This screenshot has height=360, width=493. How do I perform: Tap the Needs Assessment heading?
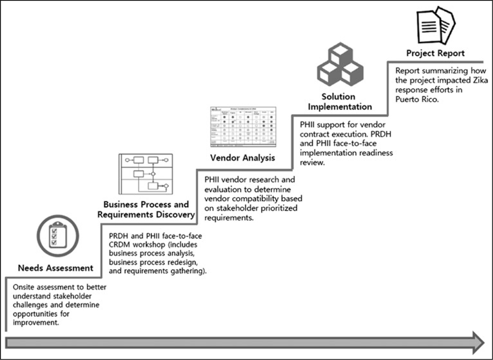coord(55,268)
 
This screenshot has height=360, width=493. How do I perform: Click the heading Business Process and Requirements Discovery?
coord(146,210)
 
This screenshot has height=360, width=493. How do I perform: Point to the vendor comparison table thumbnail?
coord(243,127)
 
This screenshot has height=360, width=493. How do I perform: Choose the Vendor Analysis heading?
coord(243,158)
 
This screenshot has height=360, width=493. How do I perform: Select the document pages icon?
coord(435,26)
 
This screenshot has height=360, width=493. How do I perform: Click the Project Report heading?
coord(435,53)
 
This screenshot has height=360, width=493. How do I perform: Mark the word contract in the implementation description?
coord(316,135)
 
